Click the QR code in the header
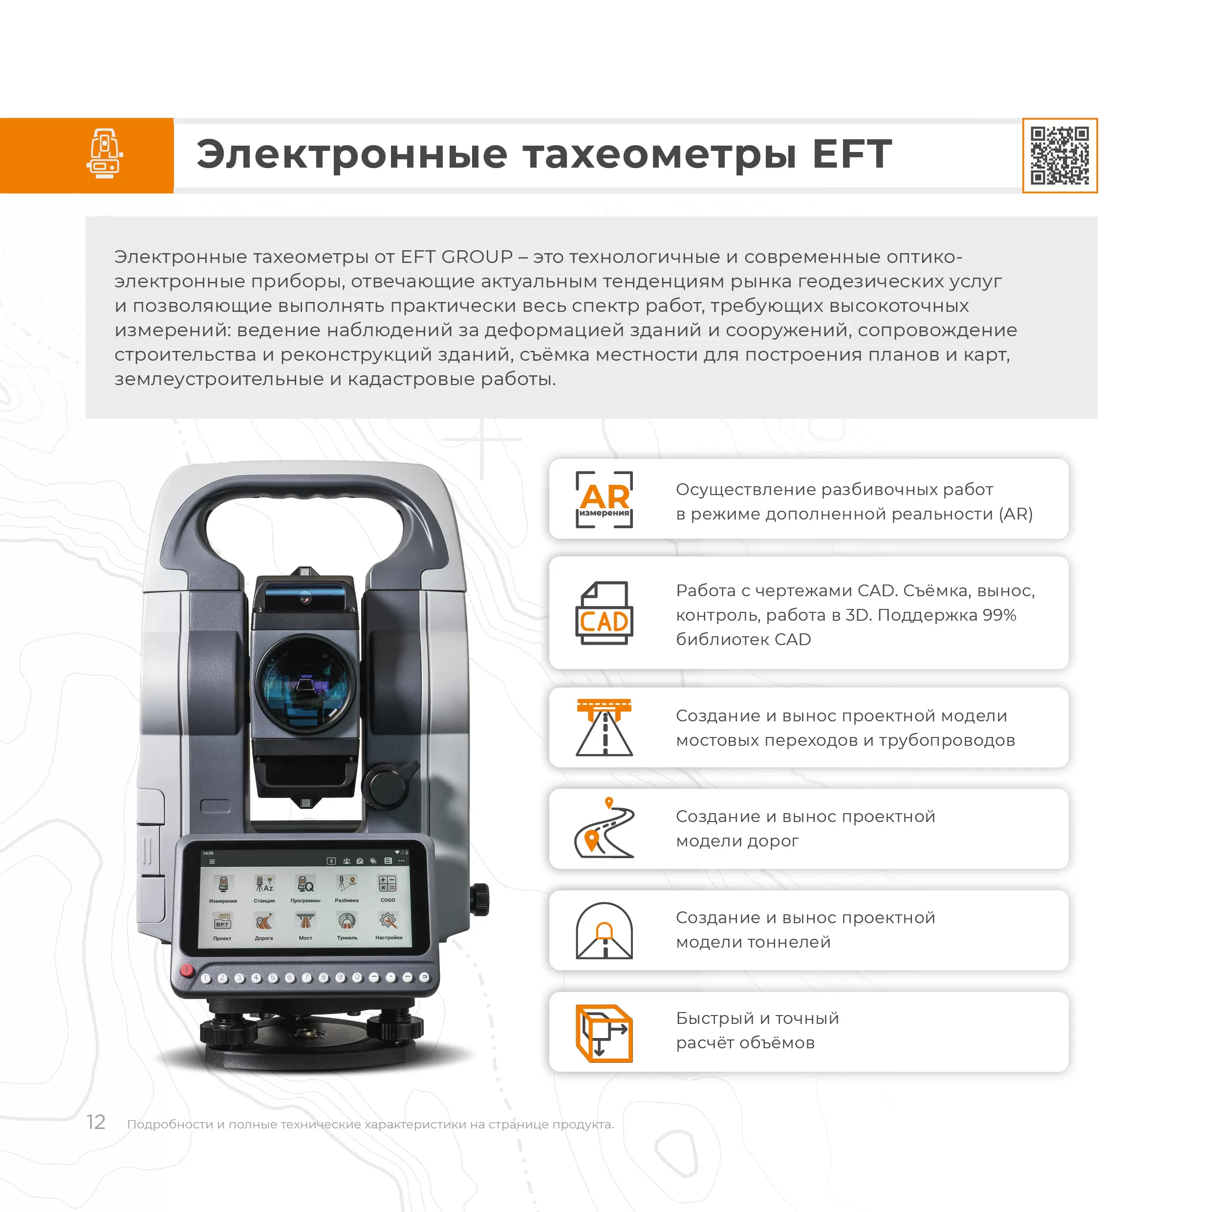1060,155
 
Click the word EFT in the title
851,154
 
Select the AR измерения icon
604,499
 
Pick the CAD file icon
604,613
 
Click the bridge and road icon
604,728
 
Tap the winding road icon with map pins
604,827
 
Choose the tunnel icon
604,931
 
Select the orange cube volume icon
604,1033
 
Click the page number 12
95,1122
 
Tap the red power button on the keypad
186,970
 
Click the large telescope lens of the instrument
305,684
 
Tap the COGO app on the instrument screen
388,889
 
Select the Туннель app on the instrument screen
347,927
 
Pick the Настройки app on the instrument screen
389,927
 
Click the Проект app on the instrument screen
222,927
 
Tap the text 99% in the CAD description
999,615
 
